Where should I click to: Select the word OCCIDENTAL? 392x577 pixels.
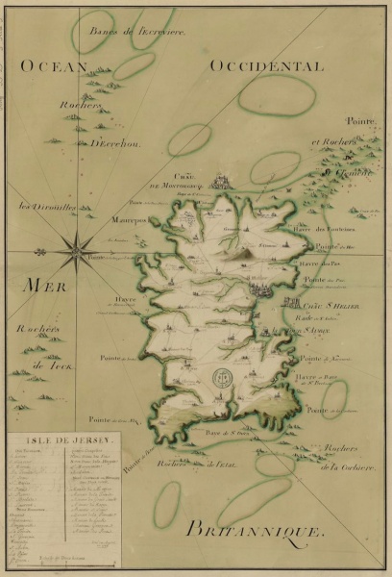(264, 65)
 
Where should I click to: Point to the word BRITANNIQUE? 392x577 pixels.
(256, 528)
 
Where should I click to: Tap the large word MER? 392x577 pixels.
(37, 288)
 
